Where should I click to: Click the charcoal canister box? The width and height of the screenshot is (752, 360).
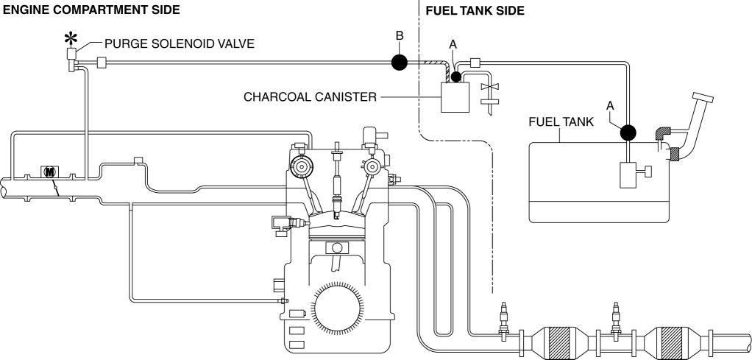pyautogui.click(x=455, y=96)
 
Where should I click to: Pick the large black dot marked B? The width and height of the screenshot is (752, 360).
pyautogui.click(x=398, y=63)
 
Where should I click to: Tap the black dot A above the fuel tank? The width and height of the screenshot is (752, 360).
pyautogui.click(x=628, y=133)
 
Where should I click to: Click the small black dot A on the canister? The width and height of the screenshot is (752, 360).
pyautogui.click(x=456, y=77)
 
